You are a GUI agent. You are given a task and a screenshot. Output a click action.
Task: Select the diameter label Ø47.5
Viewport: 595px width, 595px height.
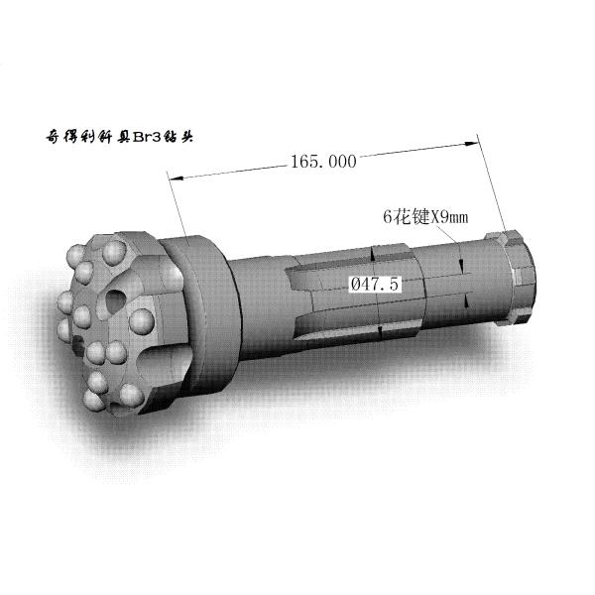pyautogui.click(x=375, y=284)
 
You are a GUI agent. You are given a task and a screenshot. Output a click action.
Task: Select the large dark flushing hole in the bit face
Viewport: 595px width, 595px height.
pyautogui.click(x=115, y=301)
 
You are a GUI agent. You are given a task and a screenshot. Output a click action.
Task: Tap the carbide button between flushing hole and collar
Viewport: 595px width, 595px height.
pyautogui.click(x=142, y=319)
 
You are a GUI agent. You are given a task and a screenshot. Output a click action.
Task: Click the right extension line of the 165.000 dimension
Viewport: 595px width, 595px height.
pyautogui.click(x=491, y=188)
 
